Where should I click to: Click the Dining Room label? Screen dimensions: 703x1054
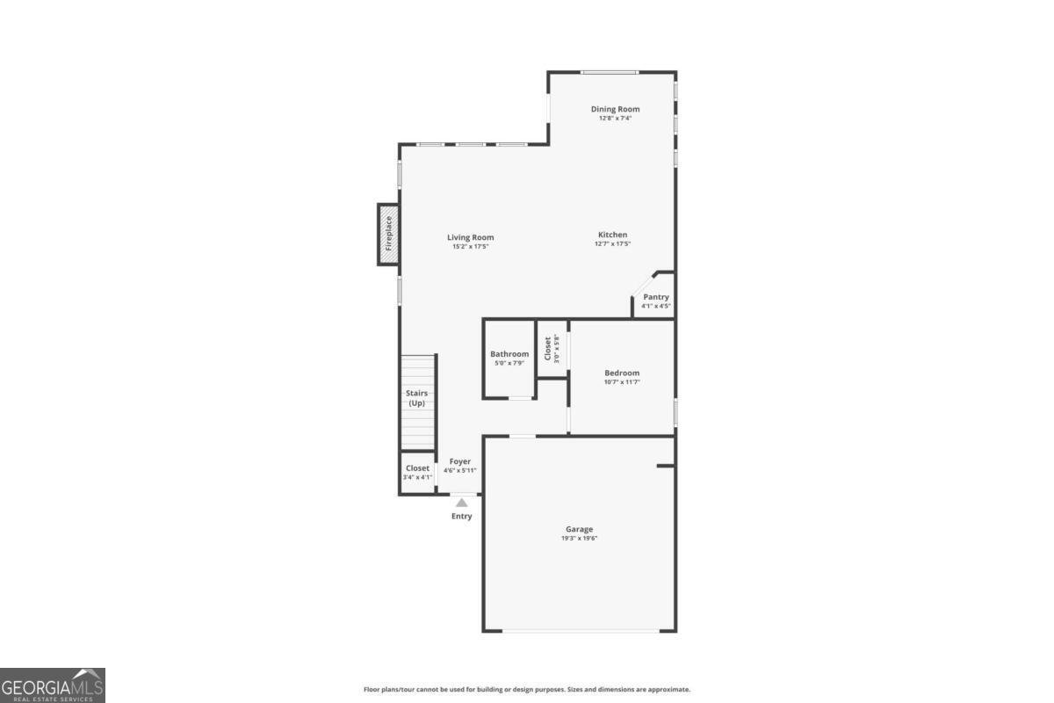point(615,109)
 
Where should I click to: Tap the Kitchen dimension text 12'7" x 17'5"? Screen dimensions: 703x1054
point(613,244)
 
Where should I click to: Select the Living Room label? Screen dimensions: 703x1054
point(471,237)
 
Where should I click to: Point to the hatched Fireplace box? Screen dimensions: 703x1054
point(388,234)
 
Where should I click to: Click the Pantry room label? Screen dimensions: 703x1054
point(656,297)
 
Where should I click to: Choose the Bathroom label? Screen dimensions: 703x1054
point(509,354)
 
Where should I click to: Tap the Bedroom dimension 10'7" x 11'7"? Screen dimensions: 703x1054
point(622,382)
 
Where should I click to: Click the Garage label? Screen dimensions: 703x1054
point(579,529)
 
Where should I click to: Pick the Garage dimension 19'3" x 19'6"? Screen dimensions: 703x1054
point(579,538)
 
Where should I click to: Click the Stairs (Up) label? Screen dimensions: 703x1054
point(417,398)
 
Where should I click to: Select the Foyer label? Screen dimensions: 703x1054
point(460,461)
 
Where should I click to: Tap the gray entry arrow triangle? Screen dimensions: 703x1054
point(461,503)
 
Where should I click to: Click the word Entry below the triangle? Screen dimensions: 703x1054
point(461,516)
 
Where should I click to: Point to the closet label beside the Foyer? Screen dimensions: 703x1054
point(418,468)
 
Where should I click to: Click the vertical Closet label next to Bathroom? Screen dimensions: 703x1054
point(547,348)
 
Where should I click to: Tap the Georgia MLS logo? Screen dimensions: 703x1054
point(53,685)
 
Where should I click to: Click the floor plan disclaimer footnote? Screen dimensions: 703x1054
point(527,690)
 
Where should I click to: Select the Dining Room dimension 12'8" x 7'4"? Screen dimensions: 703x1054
point(615,118)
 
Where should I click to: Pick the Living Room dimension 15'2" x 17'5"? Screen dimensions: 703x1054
point(471,246)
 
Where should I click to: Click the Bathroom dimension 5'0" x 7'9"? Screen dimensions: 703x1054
point(509,363)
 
